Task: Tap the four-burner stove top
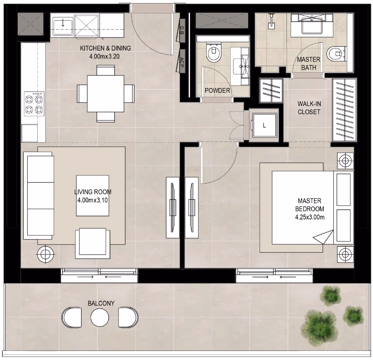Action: tap(34, 104)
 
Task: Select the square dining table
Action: tap(106, 94)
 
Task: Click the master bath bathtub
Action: tap(312, 25)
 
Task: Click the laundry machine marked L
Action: tap(265, 125)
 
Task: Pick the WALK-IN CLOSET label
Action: tap(309, 108)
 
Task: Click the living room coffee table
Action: tap(93, 196)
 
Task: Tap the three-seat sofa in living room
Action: tap(39, 196)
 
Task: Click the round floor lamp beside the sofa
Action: tap(45, 255)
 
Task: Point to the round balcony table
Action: tap(100, 317)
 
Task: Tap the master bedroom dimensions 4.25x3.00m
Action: tap(310, 217)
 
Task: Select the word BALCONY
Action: tap(101, 303)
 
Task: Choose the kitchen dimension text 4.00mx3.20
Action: tap(104, 56)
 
